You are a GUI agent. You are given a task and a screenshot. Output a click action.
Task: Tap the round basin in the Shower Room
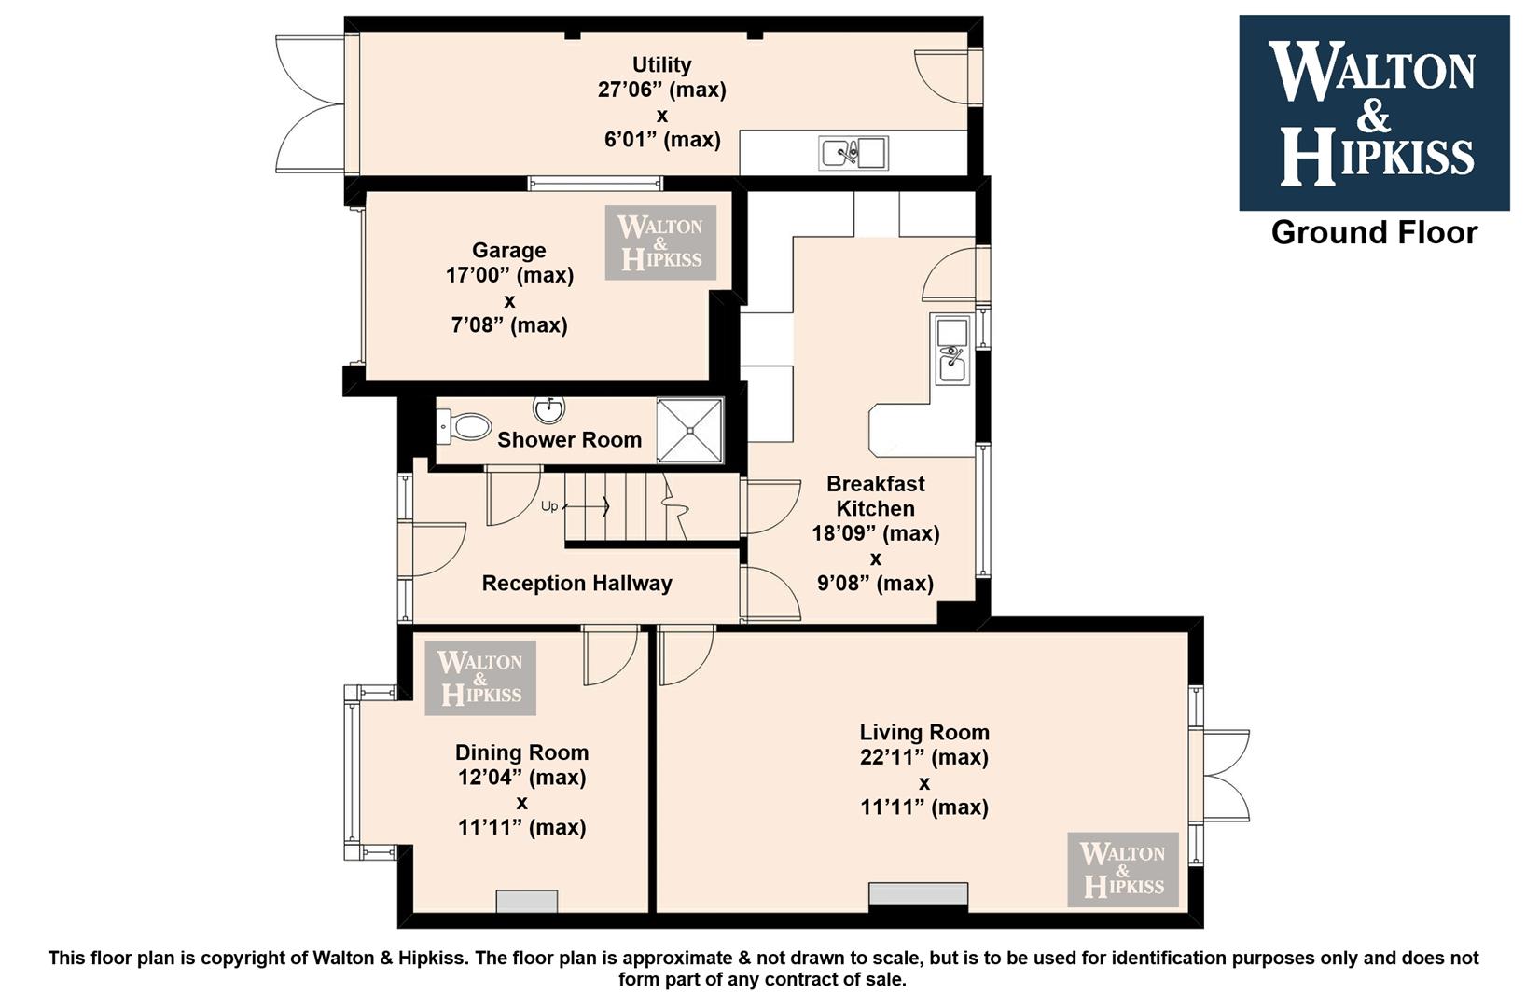549,410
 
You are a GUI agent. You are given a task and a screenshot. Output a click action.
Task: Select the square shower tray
689,431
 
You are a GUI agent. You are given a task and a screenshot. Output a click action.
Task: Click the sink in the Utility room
853,153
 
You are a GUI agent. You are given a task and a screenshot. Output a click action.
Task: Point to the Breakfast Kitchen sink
952,349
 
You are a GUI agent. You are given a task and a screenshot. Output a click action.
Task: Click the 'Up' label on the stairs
549,506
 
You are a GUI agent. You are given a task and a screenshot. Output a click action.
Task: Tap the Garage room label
509,251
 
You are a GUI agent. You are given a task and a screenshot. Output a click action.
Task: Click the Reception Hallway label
577,584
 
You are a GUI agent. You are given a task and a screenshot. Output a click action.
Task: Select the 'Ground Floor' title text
1374,233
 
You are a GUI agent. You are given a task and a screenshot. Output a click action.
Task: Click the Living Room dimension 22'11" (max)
923,757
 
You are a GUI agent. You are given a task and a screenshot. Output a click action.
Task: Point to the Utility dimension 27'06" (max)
662,90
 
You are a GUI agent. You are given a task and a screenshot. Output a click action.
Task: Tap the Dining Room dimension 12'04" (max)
521,777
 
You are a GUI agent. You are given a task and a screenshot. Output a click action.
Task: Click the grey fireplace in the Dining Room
527,902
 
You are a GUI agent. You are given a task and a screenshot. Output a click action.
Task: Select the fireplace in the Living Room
919,894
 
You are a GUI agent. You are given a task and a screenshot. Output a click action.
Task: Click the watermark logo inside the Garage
660,242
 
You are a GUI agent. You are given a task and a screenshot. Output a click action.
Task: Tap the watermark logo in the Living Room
1123,869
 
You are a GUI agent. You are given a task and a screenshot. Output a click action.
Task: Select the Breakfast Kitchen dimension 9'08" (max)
876,584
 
